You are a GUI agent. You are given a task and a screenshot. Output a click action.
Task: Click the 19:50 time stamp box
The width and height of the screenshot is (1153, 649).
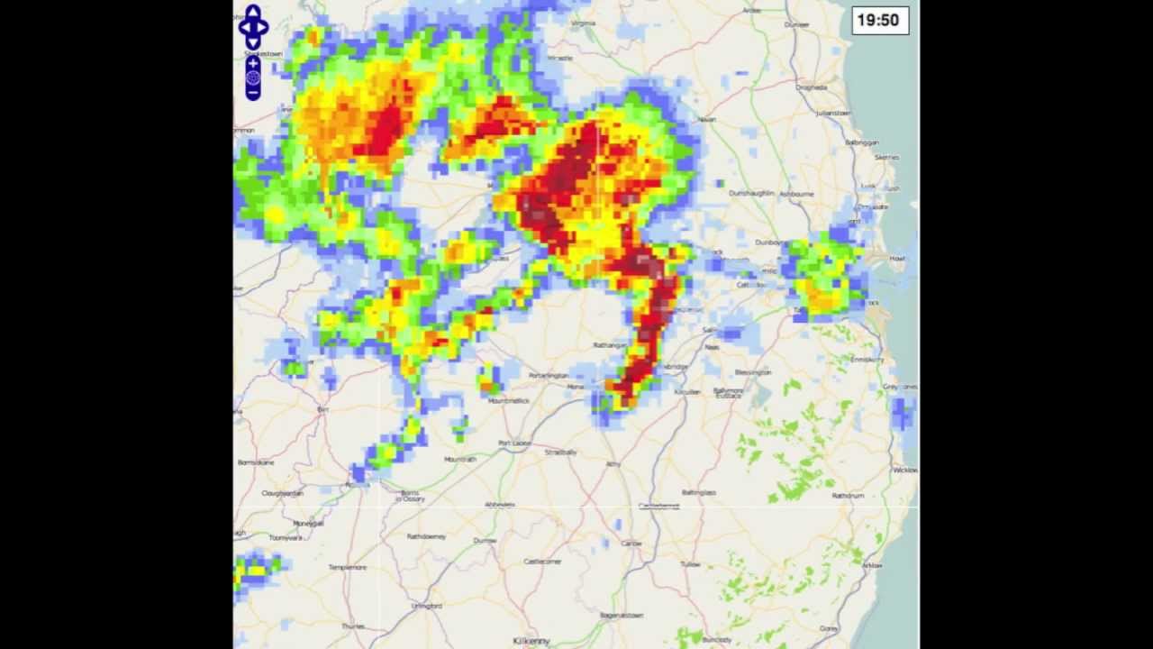tap(879, 20)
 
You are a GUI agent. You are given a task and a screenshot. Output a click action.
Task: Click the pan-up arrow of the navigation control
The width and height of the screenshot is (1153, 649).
tap(253, 12)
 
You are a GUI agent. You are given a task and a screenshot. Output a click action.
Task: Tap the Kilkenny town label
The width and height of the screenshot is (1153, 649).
tap(531, 641)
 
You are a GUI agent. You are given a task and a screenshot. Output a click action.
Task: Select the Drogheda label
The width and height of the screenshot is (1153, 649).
tap(811, 87)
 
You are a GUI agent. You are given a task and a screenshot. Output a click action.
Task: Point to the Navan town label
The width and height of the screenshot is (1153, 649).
tap(707, 119)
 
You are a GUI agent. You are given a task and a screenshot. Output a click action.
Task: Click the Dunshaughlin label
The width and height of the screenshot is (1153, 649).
tap(751, 193)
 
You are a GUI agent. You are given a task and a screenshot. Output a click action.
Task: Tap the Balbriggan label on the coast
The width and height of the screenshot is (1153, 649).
tap(862, 142)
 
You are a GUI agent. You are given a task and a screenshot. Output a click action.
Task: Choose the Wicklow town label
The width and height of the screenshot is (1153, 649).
tap(904, 470)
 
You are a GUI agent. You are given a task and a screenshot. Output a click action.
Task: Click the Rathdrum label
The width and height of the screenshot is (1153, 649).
tap(848, 496)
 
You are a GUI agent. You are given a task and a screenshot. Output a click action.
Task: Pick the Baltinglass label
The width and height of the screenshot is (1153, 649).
tap(699, 493)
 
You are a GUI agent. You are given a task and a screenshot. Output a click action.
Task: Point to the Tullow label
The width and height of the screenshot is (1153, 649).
tap(691, 564)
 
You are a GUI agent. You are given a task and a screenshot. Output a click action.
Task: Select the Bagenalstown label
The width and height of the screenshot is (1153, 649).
tap(622, 615)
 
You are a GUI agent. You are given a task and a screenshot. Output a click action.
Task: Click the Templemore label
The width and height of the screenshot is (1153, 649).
tap(348, 567)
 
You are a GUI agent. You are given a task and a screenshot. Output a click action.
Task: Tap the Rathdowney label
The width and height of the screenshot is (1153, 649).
tap(426, 536)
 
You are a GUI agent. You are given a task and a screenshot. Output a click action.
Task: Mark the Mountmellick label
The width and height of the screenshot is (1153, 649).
tap(508, 400)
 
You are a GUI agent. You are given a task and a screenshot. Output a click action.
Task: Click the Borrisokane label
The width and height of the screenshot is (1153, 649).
tap(255, 462)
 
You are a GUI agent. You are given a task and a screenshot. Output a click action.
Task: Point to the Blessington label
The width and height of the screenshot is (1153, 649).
tap(753, 372)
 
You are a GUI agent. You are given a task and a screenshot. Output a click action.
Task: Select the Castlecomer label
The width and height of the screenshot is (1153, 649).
tap(543, 561)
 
